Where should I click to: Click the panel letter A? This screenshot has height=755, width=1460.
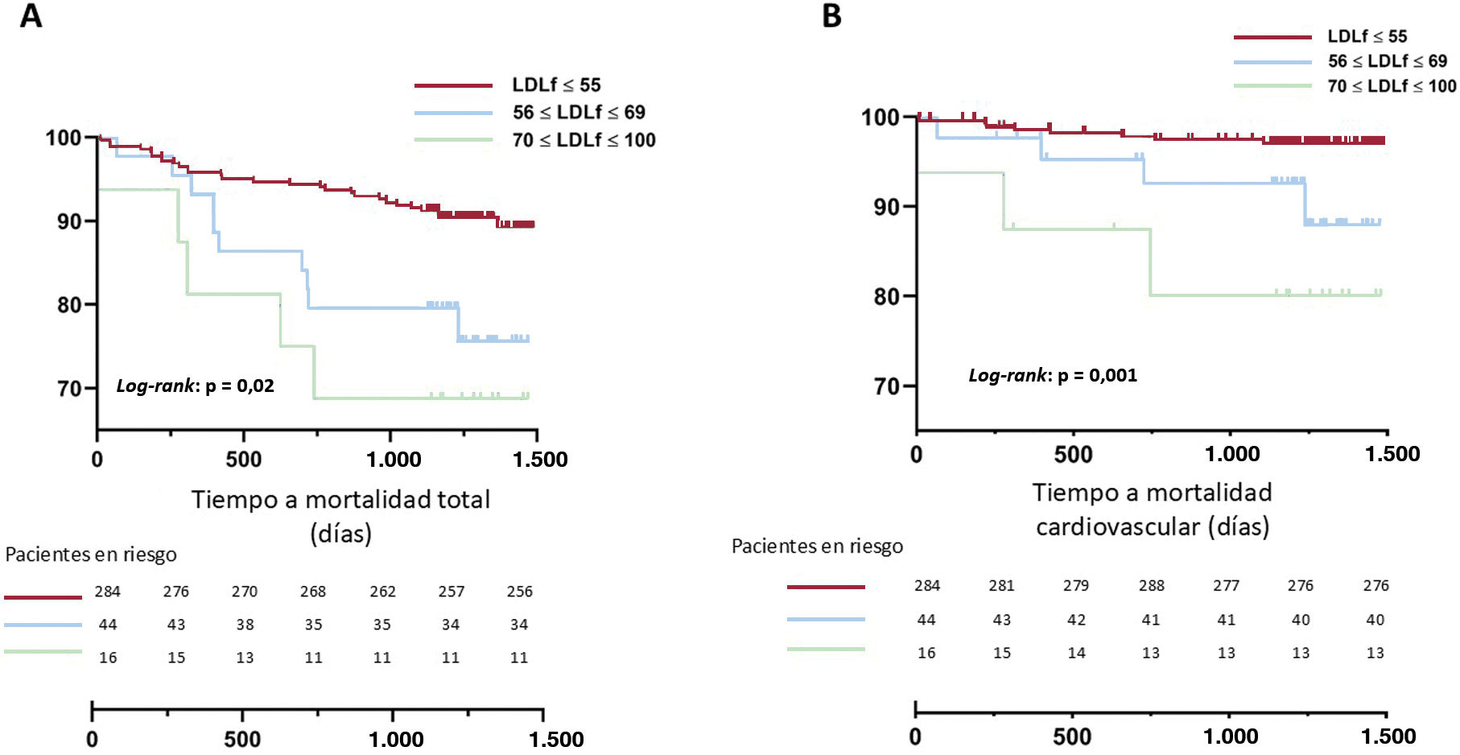point(31,15)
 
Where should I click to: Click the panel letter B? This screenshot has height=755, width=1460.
point(831,15)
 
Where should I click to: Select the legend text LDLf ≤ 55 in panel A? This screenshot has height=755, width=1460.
point(556,85)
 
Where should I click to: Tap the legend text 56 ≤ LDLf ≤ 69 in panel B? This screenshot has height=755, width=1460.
point(1387,61)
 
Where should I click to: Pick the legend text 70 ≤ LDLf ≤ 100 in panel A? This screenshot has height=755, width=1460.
point(584,140)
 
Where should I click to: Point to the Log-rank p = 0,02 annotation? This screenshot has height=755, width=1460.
point(196,386)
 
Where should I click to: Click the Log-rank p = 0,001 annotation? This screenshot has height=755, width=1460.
point(1053,375)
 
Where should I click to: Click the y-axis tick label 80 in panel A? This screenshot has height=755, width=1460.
point(69,305)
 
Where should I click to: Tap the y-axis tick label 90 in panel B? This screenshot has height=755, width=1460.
point(886,207)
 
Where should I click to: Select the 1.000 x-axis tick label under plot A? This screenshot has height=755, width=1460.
point(394,460)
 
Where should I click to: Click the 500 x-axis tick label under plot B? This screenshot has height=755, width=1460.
point(1073,454)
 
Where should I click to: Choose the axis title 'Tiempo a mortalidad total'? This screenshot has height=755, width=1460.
point(340,499)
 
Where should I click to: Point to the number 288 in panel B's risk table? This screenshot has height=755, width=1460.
point(1151,585)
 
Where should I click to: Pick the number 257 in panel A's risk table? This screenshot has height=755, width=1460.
point(451,592)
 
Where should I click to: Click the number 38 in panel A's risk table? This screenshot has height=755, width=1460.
point(245,625)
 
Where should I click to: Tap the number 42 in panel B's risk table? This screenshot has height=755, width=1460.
point(1076,620)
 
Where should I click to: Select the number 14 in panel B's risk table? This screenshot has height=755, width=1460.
point(1076,653)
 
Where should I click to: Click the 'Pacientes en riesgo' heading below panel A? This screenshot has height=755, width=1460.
point(91,555)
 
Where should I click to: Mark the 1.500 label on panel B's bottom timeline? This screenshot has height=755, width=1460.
point(1388,736)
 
